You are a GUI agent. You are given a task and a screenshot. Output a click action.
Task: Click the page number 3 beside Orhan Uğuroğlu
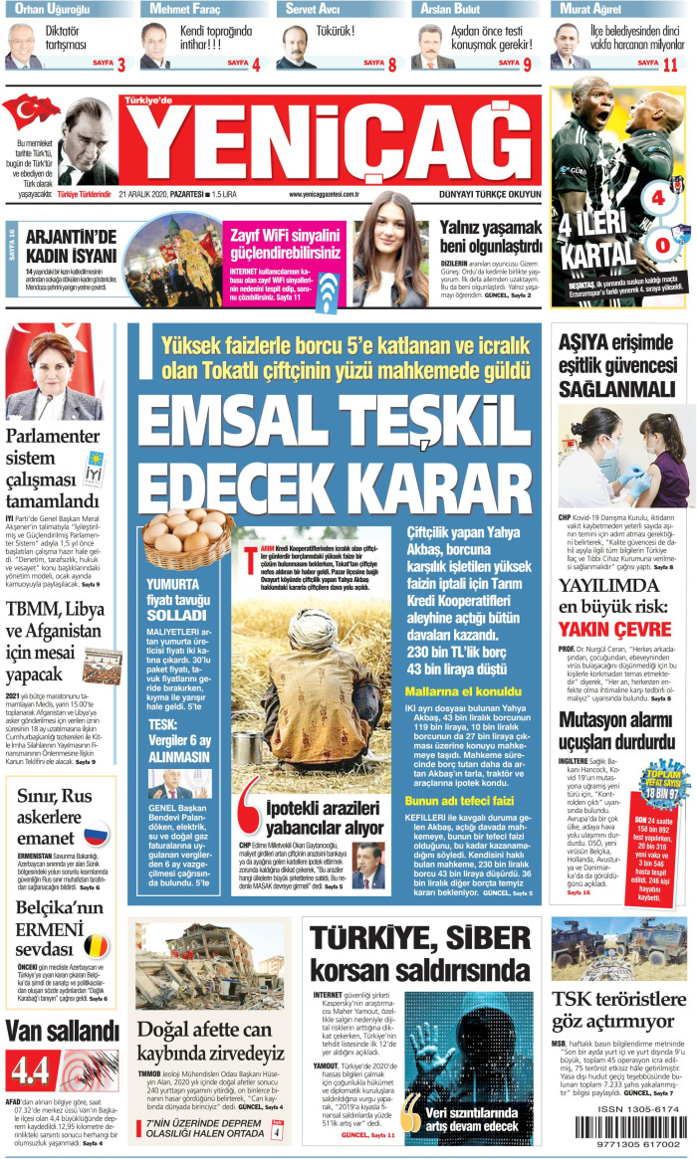point(120,66)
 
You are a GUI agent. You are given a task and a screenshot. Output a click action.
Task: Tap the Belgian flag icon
point(97,945)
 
